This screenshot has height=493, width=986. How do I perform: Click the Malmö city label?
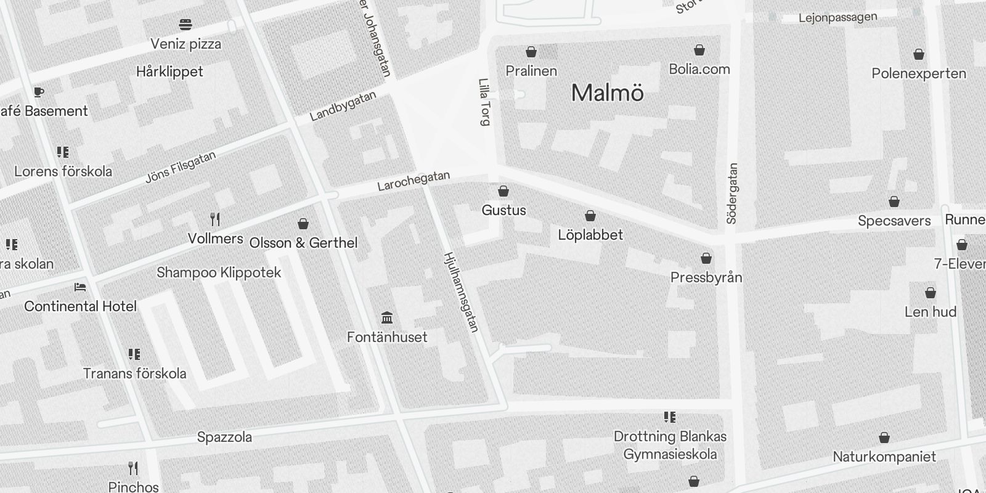click(x=607, y=93)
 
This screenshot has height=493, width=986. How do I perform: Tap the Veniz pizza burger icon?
click(x=185, y=25)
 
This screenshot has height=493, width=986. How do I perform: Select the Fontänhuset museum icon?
click(x=387, y=318)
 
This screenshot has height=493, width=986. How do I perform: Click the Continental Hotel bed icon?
click(x=80, y=287)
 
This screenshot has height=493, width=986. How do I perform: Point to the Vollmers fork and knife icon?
click(x=215, y=219)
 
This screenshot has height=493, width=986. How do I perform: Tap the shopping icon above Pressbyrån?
click(x=706, y=258)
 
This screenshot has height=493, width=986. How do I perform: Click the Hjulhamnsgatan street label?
click(x=461, y=292)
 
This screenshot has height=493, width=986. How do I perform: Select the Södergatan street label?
click(x=732, y=193)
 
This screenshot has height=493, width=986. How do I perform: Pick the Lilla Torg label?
click(x=485, y=102)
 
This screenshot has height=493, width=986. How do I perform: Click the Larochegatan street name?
click(x=414, y=181)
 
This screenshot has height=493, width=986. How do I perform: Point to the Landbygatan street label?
click(x=343, y=107)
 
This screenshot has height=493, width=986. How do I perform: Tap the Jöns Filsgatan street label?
click(x=181, y=167)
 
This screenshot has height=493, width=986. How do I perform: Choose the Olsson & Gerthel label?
click(x=303, y=243)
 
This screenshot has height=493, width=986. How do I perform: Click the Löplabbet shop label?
click(x=590, y=235)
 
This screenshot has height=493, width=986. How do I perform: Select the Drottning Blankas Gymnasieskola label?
click(x=670, y=446)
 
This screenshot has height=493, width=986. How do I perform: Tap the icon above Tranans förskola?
click(x=134, y=354)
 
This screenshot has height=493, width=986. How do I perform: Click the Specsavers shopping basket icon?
click(x=894, y=202)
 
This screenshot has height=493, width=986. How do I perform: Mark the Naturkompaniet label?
click(x=884, y=457)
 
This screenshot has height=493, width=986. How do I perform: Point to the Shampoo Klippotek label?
click(x=219, y=272)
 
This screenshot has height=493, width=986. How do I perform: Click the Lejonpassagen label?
click(x=837, y=17)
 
